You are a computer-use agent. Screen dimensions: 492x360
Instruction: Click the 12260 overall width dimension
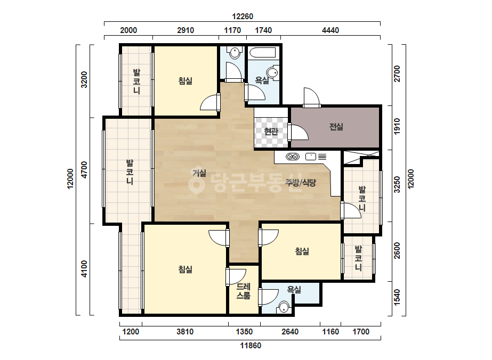click(242, 17)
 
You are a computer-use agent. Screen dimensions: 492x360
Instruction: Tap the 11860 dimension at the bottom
click(251, 346)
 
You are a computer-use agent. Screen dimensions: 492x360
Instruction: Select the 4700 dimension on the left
click(84, 170)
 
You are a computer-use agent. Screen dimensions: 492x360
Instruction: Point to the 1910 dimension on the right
click(397, 126)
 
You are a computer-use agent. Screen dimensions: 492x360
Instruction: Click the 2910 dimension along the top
click(185, 30)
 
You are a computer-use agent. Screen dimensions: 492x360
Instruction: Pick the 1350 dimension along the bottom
click(244, 332)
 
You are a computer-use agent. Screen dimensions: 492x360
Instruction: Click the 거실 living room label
click(199, 173)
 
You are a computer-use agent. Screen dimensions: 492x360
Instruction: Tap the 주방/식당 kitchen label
click(301, 183)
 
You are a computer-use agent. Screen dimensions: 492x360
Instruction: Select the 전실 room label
click(336, 127)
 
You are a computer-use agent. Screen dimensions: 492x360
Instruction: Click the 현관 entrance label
click(271, 131)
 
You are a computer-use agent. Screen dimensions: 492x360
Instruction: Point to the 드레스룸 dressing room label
click(244, 291)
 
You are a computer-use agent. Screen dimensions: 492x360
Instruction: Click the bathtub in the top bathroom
click(262, 52)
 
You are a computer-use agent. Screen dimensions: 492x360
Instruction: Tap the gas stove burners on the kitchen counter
click(293, 157)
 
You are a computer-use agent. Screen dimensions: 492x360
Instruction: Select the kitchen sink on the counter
click(311, 156)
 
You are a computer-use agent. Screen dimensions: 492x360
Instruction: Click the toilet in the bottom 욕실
click(284, 307)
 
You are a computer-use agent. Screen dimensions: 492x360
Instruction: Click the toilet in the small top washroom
click(235, 52)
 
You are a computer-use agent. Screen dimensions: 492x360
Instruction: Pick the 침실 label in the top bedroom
click(185, 81)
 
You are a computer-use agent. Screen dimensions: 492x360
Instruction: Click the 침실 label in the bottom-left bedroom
click(185, 269)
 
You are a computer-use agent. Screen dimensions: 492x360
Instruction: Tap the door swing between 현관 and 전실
click(298, 132)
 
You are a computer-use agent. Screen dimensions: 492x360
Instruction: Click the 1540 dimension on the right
click(397, 297)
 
